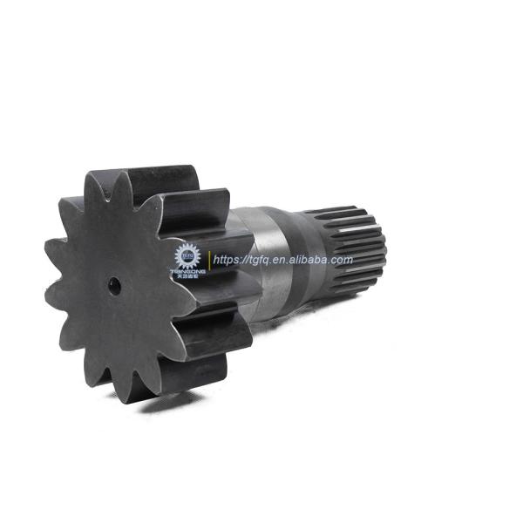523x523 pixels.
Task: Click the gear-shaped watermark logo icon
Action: (x=187, y=255)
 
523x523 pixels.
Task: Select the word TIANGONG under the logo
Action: (x=187, y=272)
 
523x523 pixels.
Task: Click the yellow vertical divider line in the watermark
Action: (x=209, y=259)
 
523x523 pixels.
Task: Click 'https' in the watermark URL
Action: (x=228, y=260)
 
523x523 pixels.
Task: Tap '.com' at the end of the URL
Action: (x=342, y=260)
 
